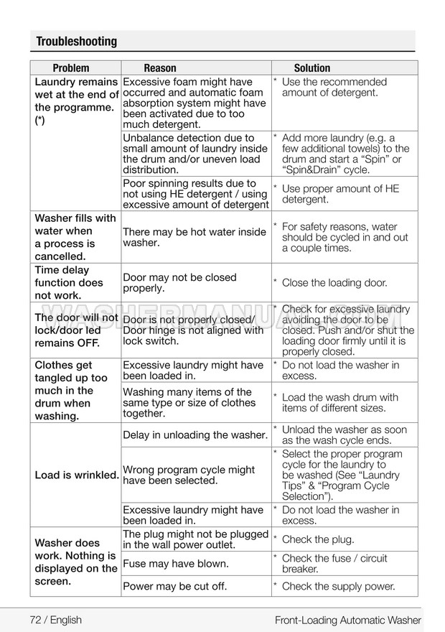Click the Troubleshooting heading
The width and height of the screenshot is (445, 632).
coord(76,42)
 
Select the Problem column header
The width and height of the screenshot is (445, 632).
coord(71,68)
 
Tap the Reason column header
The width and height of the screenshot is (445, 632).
coord(159,68)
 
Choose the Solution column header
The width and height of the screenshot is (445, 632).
coord(311,68)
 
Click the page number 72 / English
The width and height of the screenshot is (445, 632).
coord(56,619)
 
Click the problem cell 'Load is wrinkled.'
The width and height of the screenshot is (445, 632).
coord(76,475)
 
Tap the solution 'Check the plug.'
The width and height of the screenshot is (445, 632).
coord(317,539)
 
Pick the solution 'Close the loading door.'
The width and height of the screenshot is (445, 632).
coord(334,283)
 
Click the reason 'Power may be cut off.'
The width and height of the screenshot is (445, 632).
coord(174,587)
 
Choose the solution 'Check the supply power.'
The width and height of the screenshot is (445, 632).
coord(338,587)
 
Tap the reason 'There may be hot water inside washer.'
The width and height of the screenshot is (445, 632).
coord(194,238)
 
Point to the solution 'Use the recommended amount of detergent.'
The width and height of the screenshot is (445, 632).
coord(334,88)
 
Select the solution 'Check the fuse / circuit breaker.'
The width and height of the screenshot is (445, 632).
coord(334,564)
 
